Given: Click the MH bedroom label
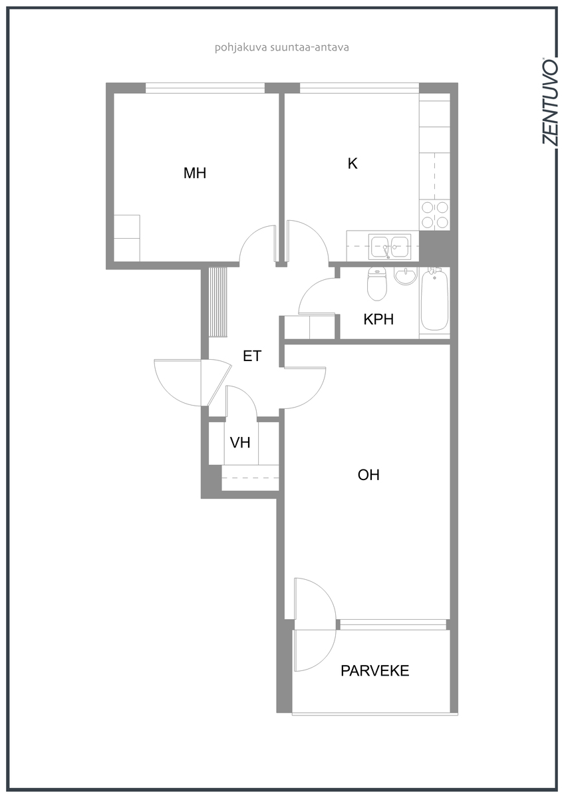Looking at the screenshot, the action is click(x=194, y=173).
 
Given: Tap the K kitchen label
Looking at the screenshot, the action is click(x=352, y=164).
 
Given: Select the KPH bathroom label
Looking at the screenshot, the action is click(x=378, y=319).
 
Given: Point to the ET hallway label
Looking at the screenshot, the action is click(x=252, y=356).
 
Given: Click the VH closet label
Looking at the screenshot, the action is click(x=240, y=442).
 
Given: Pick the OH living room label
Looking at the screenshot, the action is click(x=368, y=475).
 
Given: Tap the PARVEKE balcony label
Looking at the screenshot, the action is click(x=375, y=671).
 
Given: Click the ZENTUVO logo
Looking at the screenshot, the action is click(x=549, y=102).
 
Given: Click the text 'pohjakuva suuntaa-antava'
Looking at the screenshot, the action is click(x=282, y=47).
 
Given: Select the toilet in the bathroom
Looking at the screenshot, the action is click(x=377, y=283).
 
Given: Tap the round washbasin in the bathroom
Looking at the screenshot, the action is click(x=406, y=275).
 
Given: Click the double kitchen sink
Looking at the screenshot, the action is click(x=390, y=246).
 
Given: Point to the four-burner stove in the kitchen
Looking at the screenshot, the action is click(x=435, y=214).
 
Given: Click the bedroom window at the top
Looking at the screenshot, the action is click(x=206, y=88).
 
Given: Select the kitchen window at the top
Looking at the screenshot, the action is click(x=359, y=88).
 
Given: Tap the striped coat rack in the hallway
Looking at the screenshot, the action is click(x=217, y=302).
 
